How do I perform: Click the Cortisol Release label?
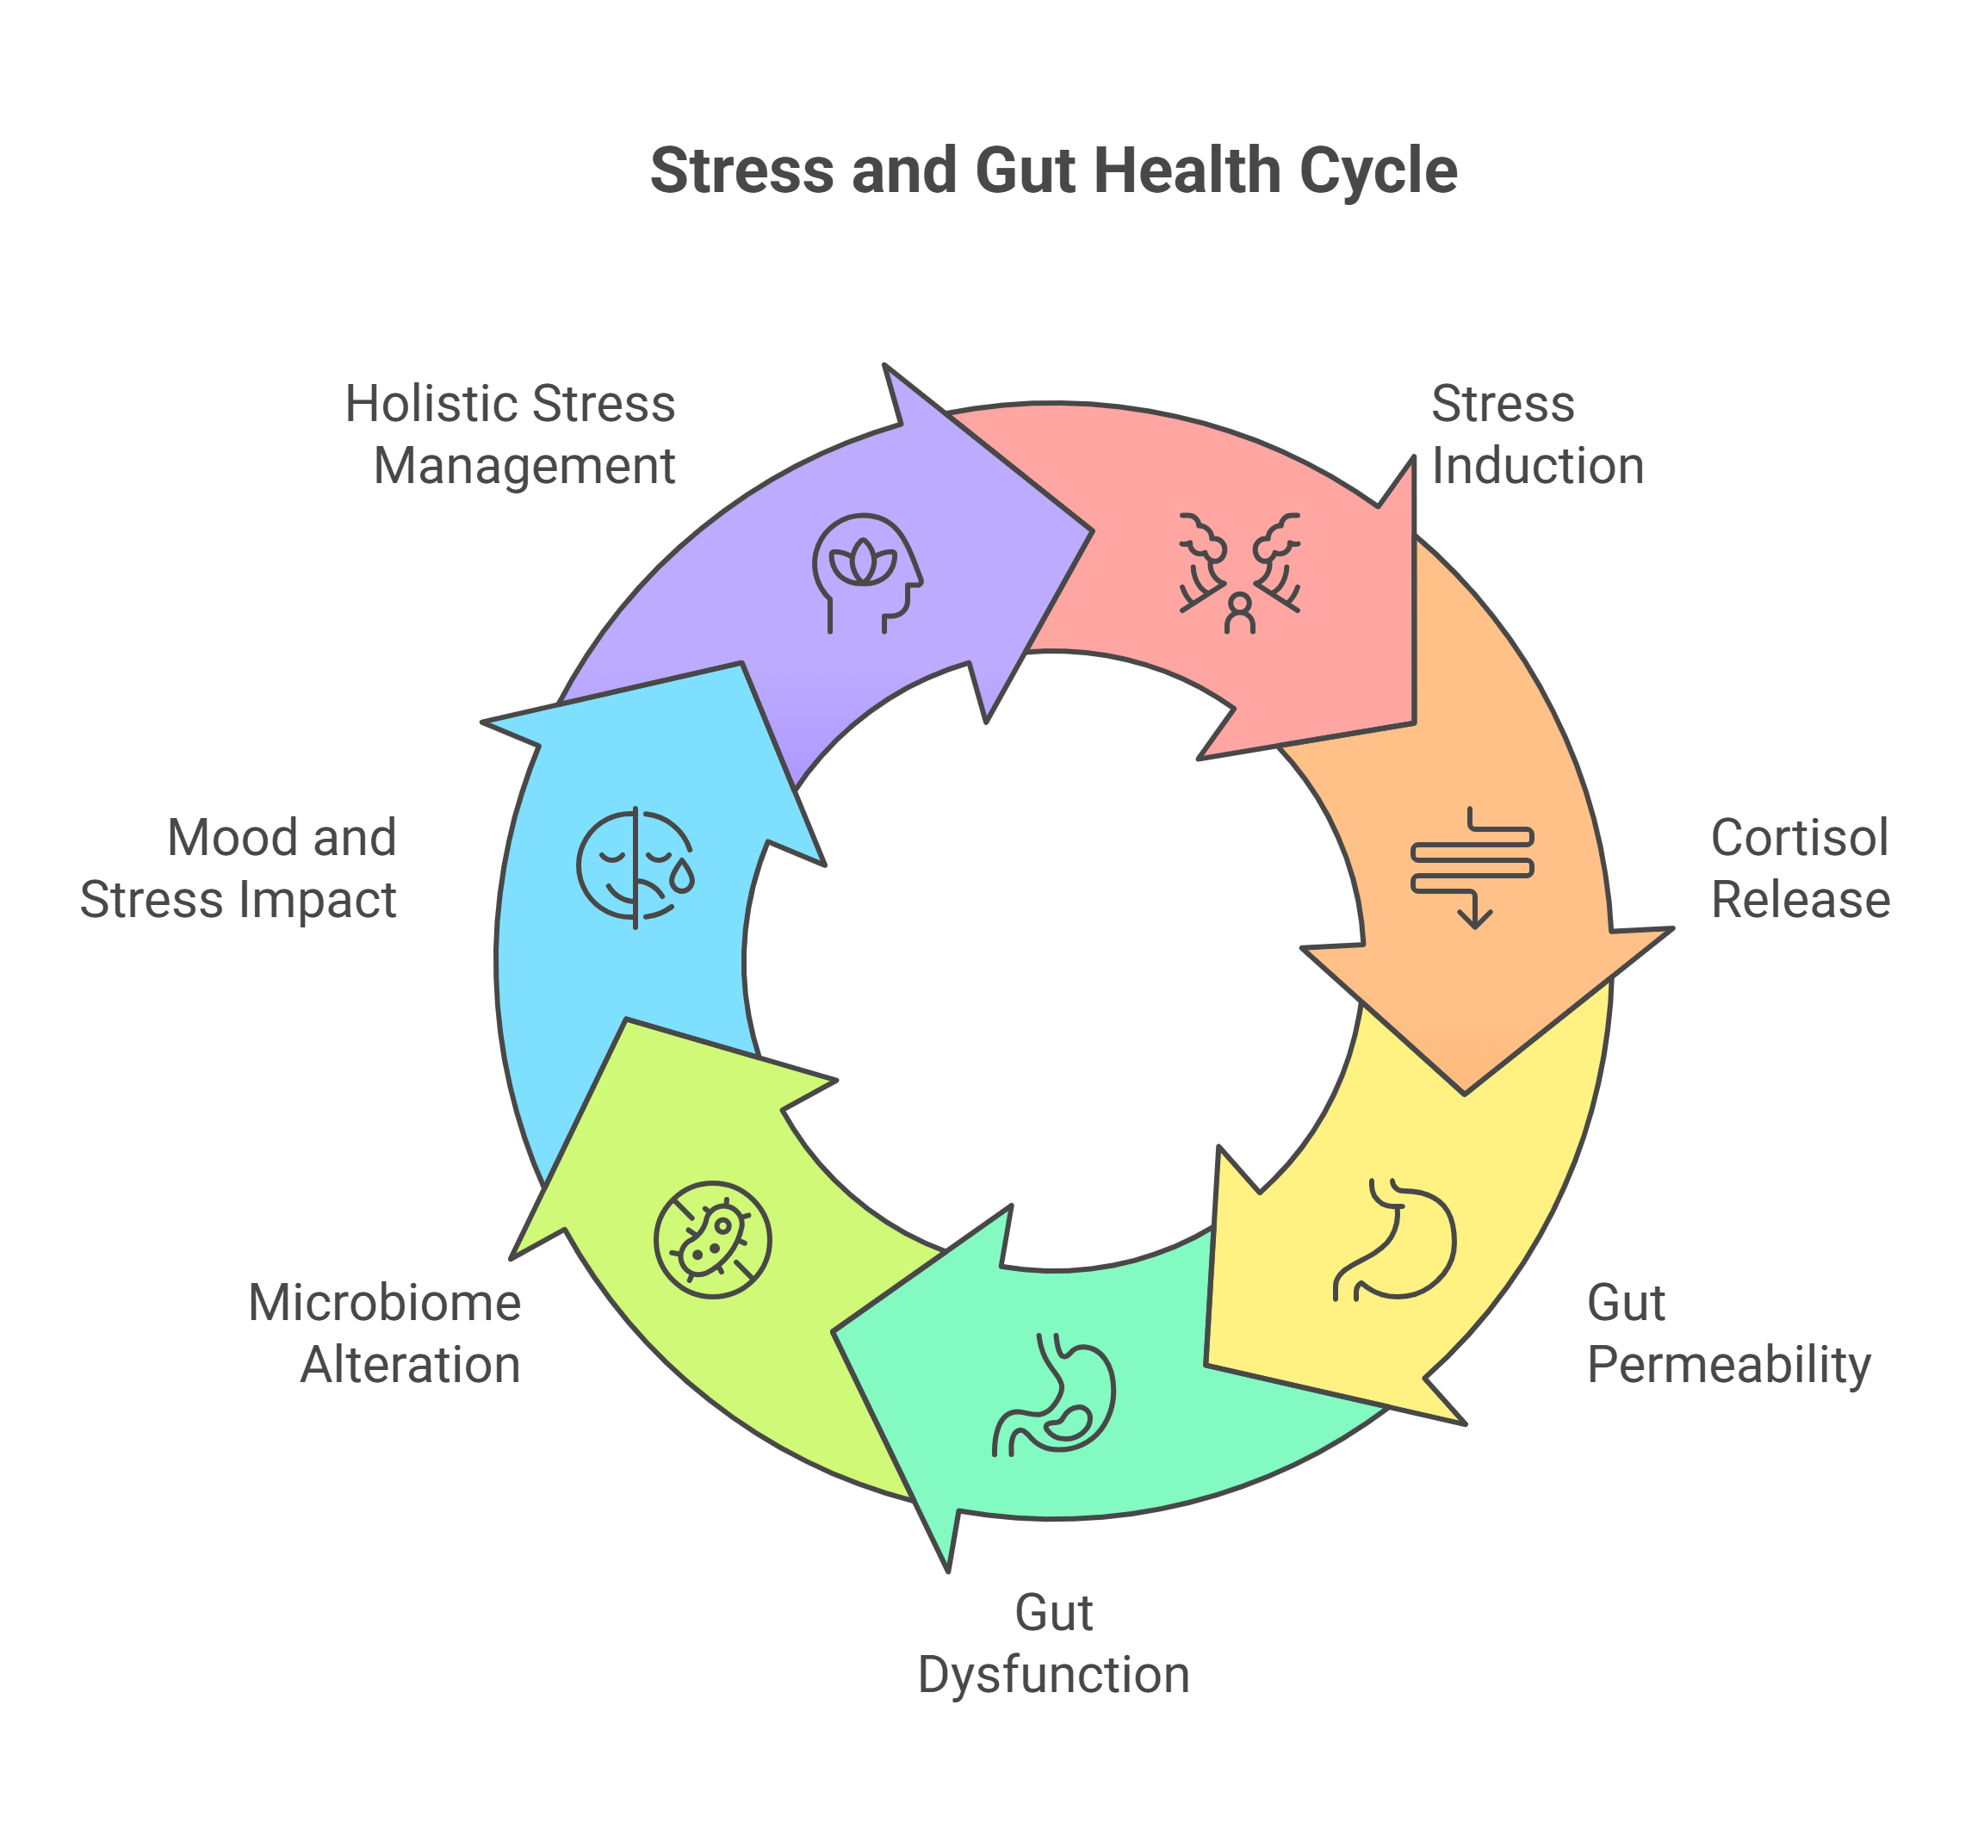[1800, 869]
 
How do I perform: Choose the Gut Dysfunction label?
[1053, 1644]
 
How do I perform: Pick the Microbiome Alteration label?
[385, 1333]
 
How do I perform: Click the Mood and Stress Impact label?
[239, 869]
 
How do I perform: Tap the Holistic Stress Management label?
[511, 435]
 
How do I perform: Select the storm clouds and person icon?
[1239, 573]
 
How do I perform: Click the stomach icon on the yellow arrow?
[1395, 1238]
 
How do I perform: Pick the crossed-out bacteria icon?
[712, 1239]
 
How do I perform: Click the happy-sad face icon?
[635, 868]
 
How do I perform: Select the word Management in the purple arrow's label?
[524, 466]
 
